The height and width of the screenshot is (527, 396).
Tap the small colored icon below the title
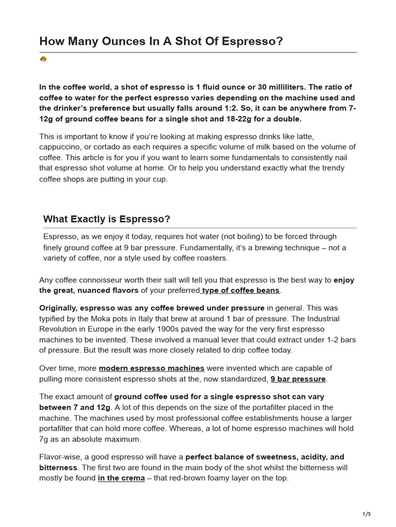point(43,60)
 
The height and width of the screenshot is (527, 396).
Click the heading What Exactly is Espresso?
point(107,219)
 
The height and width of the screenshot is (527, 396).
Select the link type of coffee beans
point(241,290)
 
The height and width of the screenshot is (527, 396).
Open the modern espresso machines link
point(152,368)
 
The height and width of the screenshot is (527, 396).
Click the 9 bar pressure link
point(298,379)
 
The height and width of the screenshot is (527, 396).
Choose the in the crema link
point(121,478)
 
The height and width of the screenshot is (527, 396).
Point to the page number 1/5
point(367,514)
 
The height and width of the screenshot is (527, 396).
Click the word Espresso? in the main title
point(256,41)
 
